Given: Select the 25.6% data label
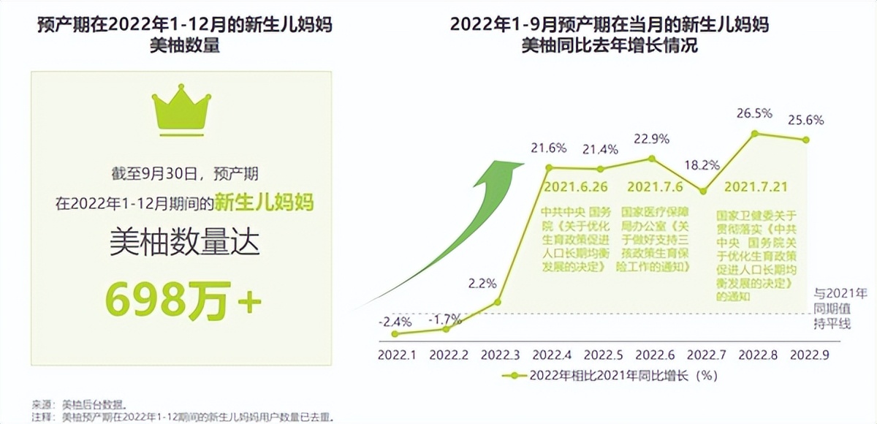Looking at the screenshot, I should (x=806, y=120).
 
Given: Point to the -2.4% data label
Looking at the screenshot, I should (x=395, y=322).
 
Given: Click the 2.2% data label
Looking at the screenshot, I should (x=483, y=282).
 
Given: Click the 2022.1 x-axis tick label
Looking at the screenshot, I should (x=398, y=355).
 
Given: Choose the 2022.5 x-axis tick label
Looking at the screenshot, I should (x=602, y=355).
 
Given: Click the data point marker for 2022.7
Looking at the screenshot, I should (x=703, y=192).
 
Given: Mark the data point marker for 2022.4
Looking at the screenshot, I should (x=549, y=168).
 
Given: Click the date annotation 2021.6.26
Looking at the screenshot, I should (x=575, y=187).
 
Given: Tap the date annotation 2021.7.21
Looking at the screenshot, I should (x=756, y=187).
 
